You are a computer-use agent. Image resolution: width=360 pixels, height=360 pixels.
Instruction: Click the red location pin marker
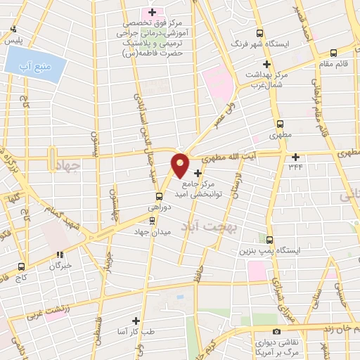coord(180,165)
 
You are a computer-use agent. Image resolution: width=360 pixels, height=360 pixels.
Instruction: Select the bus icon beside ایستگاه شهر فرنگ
coord(260,33)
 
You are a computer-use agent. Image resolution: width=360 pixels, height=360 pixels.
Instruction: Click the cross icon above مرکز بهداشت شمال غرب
coord(266,64)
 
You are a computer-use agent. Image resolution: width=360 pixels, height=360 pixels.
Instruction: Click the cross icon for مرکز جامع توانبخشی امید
coord(198,173)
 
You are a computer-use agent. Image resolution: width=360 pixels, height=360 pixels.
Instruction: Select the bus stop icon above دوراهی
coord(159,198)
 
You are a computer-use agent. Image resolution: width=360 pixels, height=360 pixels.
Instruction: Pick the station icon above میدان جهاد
coord(152,220)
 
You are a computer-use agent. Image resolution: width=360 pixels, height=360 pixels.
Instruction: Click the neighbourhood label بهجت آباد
coord(241,229)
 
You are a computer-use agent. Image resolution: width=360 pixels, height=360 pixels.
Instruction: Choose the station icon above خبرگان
coord(60,255)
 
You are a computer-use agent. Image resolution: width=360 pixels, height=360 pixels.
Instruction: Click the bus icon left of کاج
coord(22,266)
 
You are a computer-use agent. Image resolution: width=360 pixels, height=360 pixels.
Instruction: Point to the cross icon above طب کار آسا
coord(145,320)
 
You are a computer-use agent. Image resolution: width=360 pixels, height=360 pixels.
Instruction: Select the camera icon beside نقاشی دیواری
coord(276,330)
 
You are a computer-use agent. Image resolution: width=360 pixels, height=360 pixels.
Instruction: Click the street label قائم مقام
coord(335,65)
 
